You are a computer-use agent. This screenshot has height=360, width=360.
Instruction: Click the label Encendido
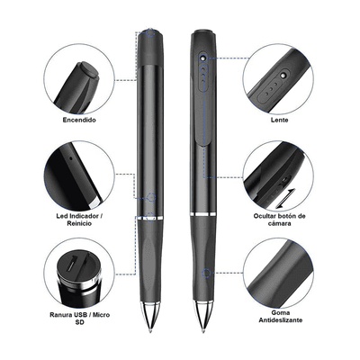(79, 120)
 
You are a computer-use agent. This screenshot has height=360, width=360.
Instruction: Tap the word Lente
(279, 120)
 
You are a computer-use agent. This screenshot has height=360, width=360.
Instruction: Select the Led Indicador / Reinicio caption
(77, 220)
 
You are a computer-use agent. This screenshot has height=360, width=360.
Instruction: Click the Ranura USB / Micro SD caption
(79, 319)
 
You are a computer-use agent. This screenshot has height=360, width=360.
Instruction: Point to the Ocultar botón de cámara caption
(279, 220)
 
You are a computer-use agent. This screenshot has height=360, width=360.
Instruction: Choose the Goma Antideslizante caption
(281, 317)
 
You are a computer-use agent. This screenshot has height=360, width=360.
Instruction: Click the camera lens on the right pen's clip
(203, 57)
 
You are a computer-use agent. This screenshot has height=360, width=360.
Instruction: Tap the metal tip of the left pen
(150, 317)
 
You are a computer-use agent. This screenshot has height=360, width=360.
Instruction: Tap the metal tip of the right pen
(203, 317)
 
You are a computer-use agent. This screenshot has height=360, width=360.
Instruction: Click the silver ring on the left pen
(150, 217)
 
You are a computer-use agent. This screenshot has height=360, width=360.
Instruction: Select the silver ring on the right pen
(203, 214)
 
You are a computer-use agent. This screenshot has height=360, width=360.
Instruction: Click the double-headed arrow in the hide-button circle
(285, 198)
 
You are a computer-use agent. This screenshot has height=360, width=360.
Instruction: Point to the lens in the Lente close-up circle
(283, 75)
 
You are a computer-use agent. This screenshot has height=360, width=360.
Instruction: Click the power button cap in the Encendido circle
(88, 70)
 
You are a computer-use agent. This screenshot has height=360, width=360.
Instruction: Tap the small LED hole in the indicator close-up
(71, 157)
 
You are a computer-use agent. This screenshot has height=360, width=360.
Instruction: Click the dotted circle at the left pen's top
(151, 32)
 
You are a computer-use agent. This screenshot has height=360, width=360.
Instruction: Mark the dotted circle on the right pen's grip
(206, 273)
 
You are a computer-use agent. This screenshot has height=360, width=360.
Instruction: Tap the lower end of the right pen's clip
(204, 145)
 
